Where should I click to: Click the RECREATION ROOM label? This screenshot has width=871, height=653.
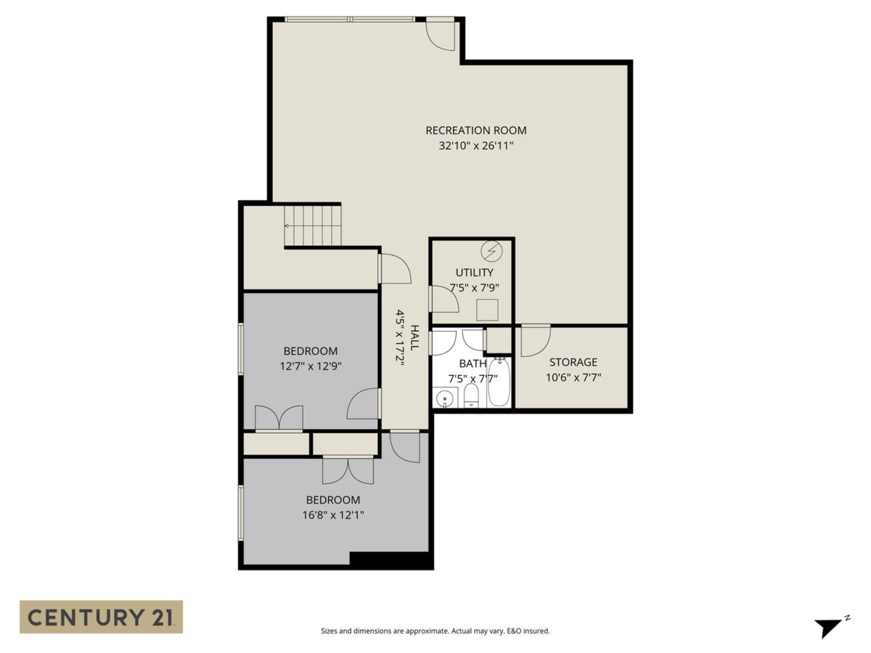click(x=475, y=131)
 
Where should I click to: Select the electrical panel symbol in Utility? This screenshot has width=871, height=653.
click(x=491, y=251)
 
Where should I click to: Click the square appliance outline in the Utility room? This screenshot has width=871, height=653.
click(x=487, y=310)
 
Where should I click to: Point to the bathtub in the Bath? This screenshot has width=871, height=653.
click(x=499, y=382)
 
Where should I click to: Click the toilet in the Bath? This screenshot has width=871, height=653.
click(x=471, y=396)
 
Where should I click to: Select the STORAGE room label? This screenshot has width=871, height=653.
click(x=573, y=362)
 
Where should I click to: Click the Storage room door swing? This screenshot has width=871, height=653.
click(x=536, y=340)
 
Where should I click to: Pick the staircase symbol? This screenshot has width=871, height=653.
click(x=313, y=226)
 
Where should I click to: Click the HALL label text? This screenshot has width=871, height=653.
click(x=414, y=337)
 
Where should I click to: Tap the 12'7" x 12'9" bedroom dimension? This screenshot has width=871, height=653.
click(x=311, y=366)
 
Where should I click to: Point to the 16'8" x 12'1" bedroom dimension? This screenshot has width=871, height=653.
click(x=332, y=515)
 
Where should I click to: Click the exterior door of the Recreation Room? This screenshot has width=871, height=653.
click(x=440, y=35)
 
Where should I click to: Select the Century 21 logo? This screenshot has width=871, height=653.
click(x=101, y=617)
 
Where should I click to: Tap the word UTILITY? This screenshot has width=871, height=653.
click(x=474, y=273)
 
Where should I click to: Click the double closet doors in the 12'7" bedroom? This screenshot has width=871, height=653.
click(x=279, y=419)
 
